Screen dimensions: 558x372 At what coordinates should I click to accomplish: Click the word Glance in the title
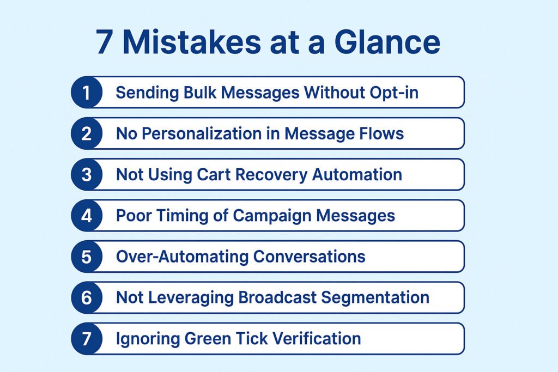point(387,42)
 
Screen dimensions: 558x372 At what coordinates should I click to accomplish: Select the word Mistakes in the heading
point(192,42)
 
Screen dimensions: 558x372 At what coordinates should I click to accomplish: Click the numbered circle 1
point(87,92)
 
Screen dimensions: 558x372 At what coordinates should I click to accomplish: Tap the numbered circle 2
point(87,133)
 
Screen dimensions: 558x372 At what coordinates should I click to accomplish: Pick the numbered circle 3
point(87,174)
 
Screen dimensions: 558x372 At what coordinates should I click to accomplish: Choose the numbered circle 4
point(87,216)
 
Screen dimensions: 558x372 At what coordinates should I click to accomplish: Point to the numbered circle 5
point(87,257)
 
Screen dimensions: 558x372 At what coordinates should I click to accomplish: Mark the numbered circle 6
point(87,298)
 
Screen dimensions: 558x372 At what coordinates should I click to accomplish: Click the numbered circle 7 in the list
point(87,339)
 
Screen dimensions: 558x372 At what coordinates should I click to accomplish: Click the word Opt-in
point(394,93)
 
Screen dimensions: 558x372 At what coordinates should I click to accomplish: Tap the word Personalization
point(202,134)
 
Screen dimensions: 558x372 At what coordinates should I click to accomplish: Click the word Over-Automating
point(182,257)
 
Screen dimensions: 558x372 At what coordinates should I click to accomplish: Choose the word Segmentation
point(375,298)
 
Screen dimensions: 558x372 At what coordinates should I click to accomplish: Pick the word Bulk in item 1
point(200,93)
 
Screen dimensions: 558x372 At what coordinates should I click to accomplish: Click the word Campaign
point(272,216)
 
